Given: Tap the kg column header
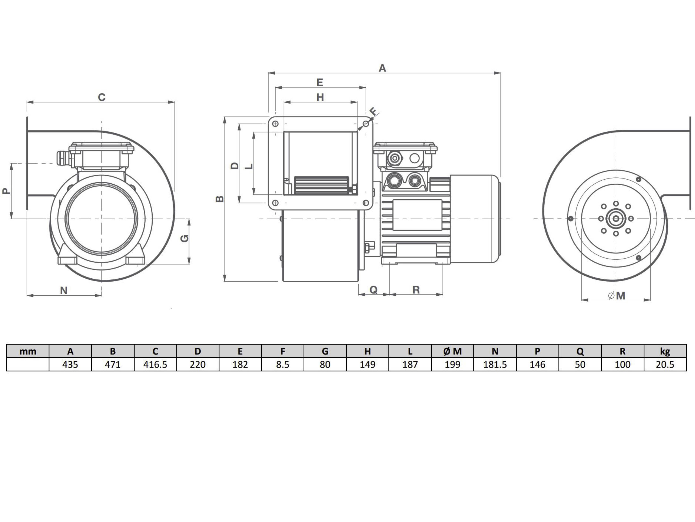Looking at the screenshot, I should point(665,351).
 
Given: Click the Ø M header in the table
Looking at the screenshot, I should point(452,351).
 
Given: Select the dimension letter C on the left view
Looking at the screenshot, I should point(101,97).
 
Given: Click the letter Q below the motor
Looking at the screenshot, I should point(373,290).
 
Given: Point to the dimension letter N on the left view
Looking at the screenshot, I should point(64,290).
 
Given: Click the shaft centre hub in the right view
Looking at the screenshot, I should point(616,218).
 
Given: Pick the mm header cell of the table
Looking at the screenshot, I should point(28,351).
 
